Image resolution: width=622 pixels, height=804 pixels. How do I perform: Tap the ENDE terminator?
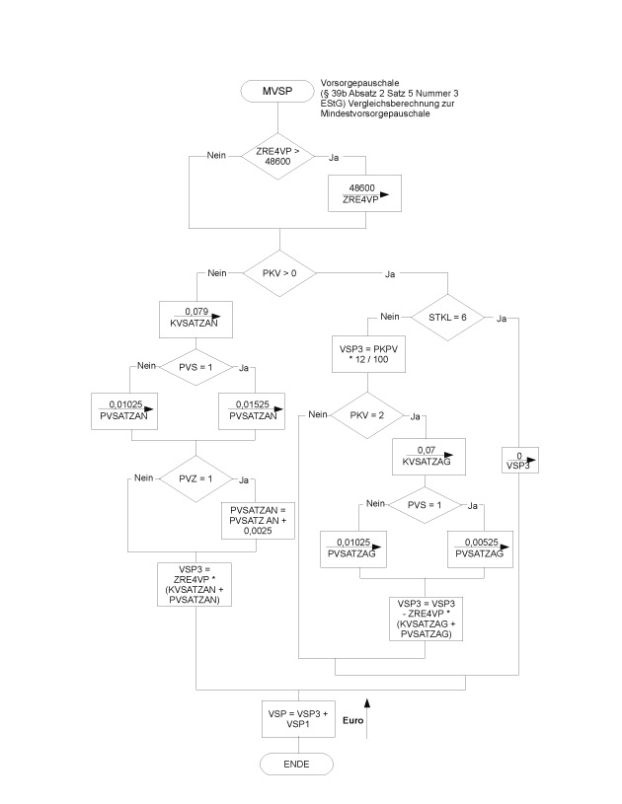(296, 765)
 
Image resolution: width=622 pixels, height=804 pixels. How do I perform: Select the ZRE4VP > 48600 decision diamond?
(278, 156)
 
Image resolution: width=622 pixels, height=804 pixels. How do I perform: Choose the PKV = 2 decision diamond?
(365, 416)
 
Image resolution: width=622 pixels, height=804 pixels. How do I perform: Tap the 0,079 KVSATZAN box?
(194, 318)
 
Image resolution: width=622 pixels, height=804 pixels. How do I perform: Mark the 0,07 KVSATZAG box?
(425, 458)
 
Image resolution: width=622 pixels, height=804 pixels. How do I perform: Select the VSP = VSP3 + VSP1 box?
(296, 716)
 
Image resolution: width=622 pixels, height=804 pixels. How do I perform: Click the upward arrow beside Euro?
(367, 714)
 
